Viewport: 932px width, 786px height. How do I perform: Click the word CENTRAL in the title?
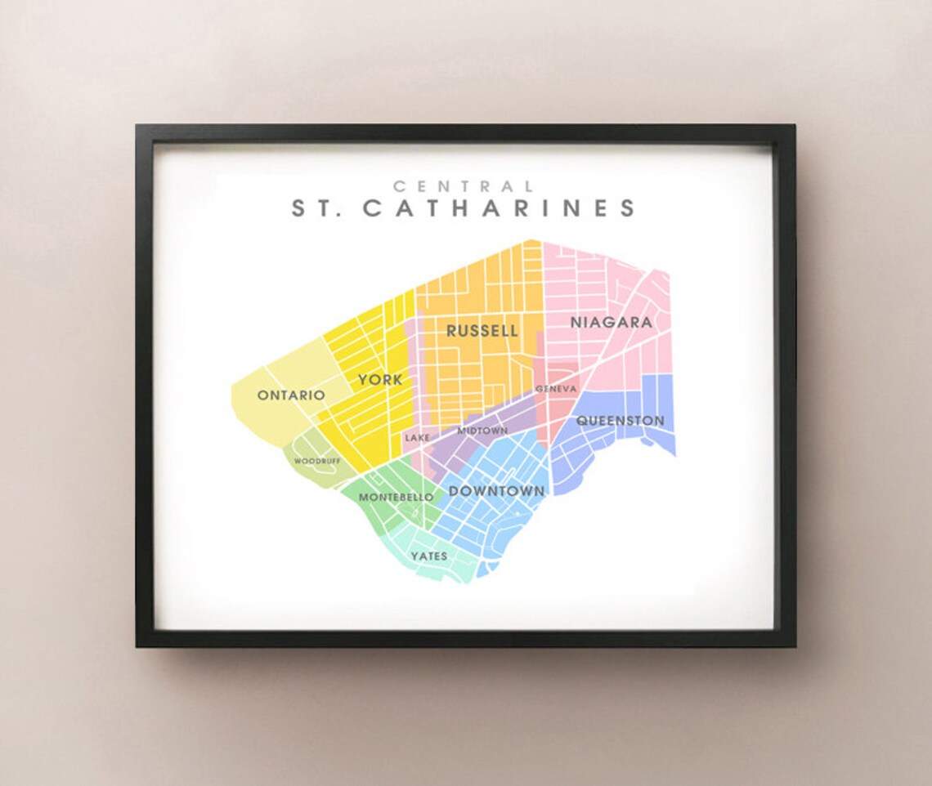[x=464, y=187]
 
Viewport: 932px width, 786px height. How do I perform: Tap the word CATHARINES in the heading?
[x=499, y=208]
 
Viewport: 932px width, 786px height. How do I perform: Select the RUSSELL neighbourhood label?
[x=482, y=331]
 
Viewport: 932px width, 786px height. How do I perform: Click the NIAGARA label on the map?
[x=611, y=323]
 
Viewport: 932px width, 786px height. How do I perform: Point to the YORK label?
[x=379, y=380]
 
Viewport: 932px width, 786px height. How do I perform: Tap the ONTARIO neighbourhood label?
[x=291, y=395]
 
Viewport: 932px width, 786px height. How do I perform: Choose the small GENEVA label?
[x=556, y=389]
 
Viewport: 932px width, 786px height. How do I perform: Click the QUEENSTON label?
[x=621, y=421]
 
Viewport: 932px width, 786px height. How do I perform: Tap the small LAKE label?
[x=416, y=438]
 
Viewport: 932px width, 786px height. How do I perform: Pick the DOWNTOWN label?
[x=496, y=491]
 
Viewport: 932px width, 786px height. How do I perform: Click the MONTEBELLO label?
[x=396, y=498]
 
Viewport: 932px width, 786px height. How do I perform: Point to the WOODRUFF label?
[x=317, y=461]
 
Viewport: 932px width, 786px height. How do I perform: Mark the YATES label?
[x=429, y=556]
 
